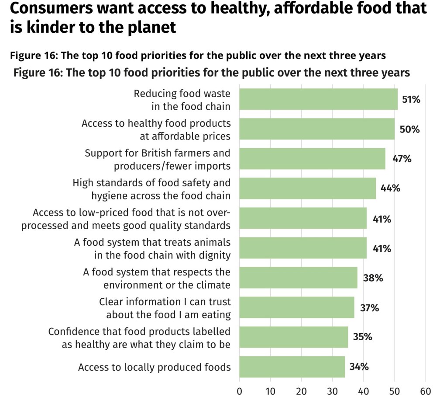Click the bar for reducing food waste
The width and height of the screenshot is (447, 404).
tap(318, 99)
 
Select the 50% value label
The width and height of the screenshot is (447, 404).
tap(409, 129)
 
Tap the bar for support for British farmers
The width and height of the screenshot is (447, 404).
tap(312, 159)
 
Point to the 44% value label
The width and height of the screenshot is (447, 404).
tap(390, 188)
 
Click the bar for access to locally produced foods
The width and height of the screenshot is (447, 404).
tap(292, 367)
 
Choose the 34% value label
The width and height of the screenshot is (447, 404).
tap(359, 366)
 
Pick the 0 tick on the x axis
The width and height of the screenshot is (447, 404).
tap(239, 391)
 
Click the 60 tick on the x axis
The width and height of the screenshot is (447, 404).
tap(425, 391)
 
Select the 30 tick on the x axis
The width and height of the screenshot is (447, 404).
tap(332, 391)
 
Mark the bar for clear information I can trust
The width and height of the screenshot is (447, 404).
tap(297, 307)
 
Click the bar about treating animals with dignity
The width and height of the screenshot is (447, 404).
tap(303, 248)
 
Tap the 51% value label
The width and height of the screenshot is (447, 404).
tap(411, 100)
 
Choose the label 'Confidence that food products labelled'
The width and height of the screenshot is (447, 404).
tap(139, 331)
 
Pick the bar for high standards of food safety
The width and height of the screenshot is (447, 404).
tap(307, 188)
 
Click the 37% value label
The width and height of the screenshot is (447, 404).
tap(369, 307)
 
